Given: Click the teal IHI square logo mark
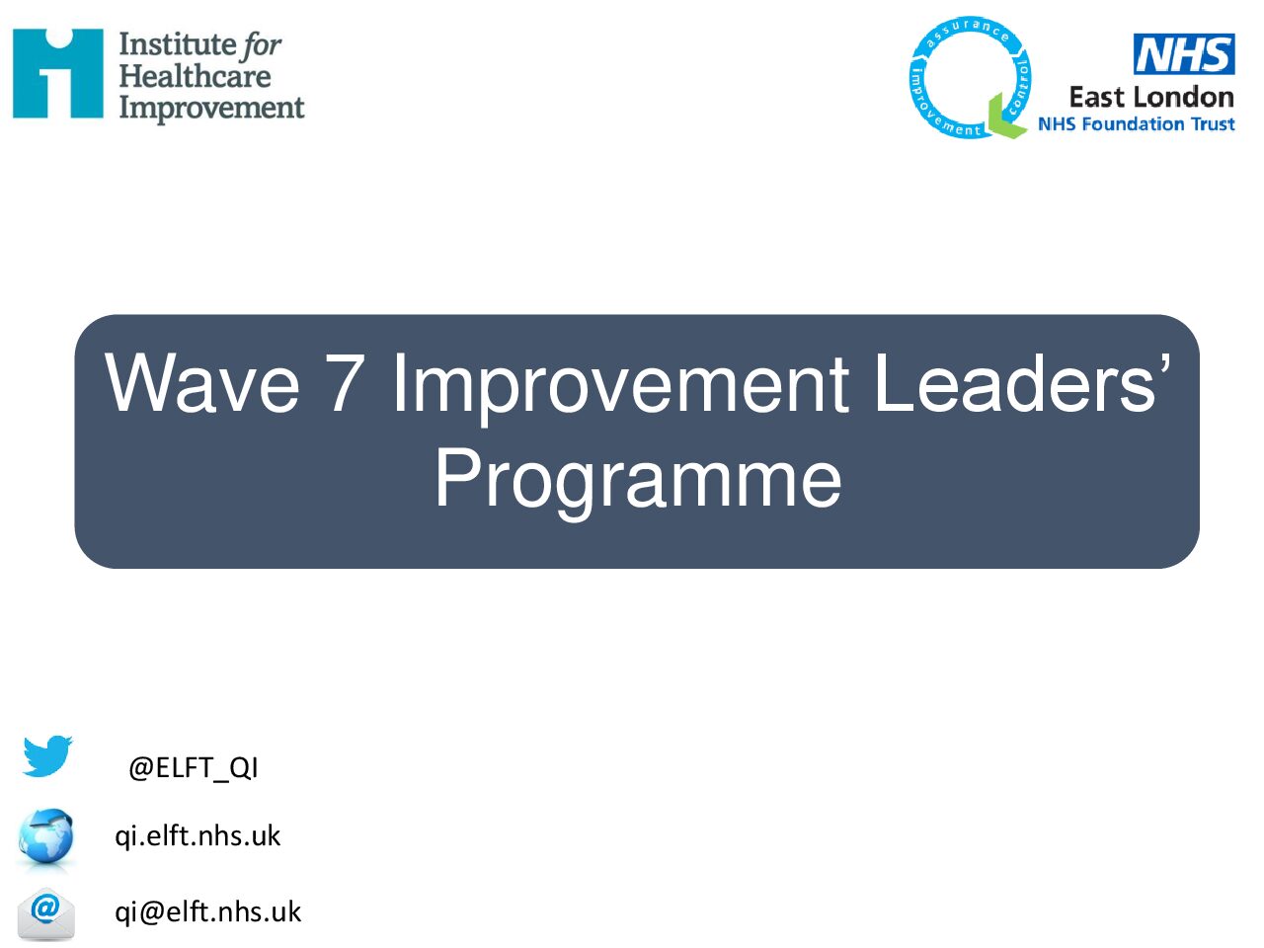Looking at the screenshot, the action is [x=57, y=73].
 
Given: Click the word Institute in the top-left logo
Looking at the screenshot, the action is [x=175, y=44].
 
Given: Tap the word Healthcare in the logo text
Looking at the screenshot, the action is [x=195, y=77].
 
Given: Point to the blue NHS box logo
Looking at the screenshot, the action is [x=1184, y=53].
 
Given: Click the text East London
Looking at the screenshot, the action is [x=1151, y=98].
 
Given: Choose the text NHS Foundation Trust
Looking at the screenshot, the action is [x=1137, y=124].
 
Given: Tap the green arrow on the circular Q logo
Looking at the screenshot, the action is [x=1006, y=117].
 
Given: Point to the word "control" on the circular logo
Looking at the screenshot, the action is [x=1019, y=86].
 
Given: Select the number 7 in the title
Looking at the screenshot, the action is [x=345, y=382].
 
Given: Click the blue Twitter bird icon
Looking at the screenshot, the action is [x=47, y=755].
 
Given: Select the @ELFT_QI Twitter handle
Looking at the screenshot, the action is [x=194, y=768].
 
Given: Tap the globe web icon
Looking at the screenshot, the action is [x=45, y=836].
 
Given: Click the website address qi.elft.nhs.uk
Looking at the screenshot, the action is [x=197, y=836].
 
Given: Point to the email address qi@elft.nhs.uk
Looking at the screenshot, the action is [x=208, y=911].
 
